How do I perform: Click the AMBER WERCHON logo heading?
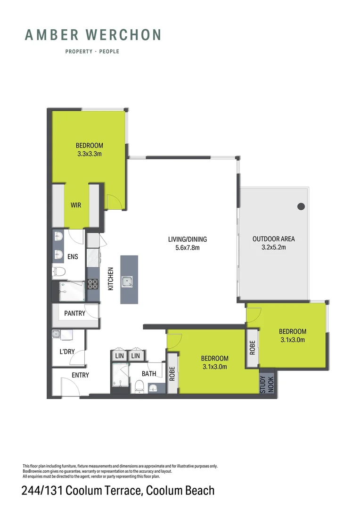click(x=93, y=35)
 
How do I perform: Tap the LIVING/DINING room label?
click(x=187, y=239)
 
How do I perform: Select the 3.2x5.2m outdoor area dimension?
click(x=273, y=247)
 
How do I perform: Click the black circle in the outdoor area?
click(x=301, y=206)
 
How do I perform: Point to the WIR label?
click(x=77, y=205)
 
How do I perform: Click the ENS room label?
click(x=73, y=257)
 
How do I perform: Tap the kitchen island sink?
click(x=127, y=281)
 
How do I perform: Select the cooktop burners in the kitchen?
click(x=92, y=284)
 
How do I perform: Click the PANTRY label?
click(x=74, y=313)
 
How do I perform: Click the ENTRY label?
click(x=80, y=375)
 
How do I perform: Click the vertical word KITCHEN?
click(x=111, y=279)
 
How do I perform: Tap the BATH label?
click(x=149, y=374)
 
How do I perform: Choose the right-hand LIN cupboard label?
click(x=136, y=356)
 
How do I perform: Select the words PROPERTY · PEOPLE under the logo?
click(x=92, y=51)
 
